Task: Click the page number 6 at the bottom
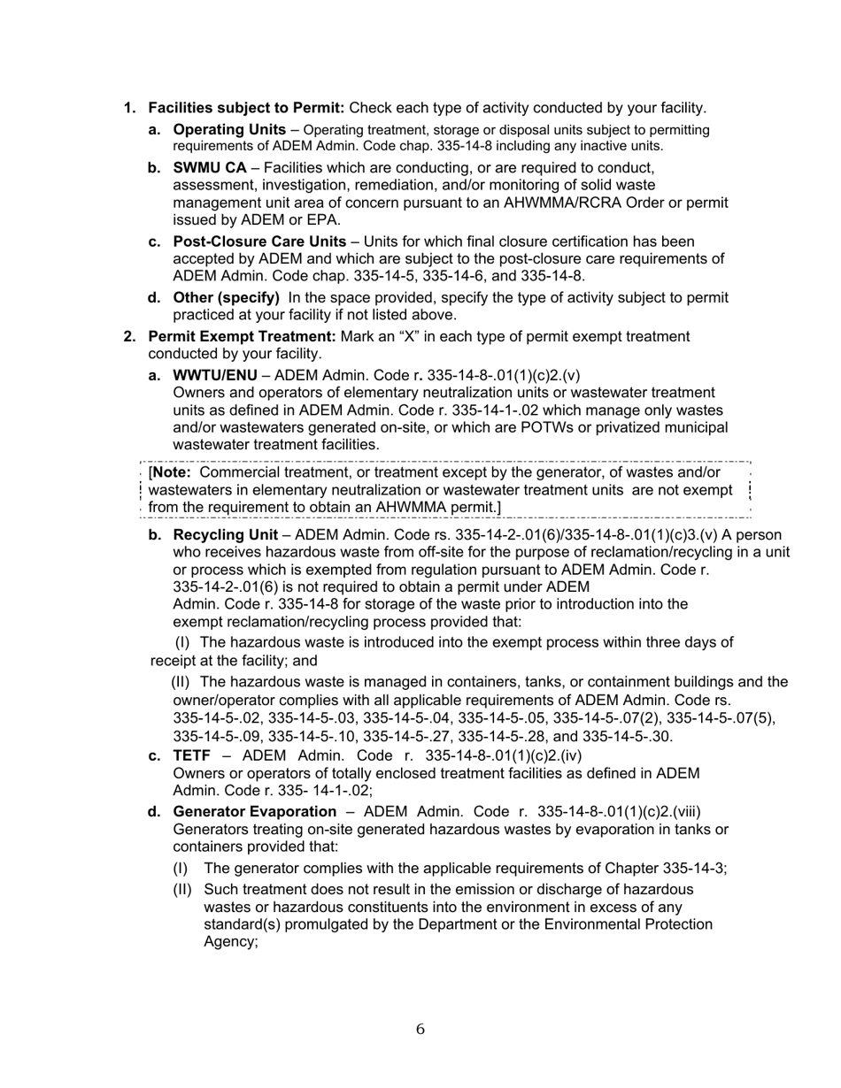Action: [420, 1029]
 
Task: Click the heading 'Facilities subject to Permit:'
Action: [246, 108]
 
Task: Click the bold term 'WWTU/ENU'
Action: [209, 375]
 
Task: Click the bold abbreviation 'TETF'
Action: [191, 755]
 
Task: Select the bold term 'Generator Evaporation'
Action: [255, 812]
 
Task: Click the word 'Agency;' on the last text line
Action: [231, 942]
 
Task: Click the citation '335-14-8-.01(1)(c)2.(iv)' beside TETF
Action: [504, 755]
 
